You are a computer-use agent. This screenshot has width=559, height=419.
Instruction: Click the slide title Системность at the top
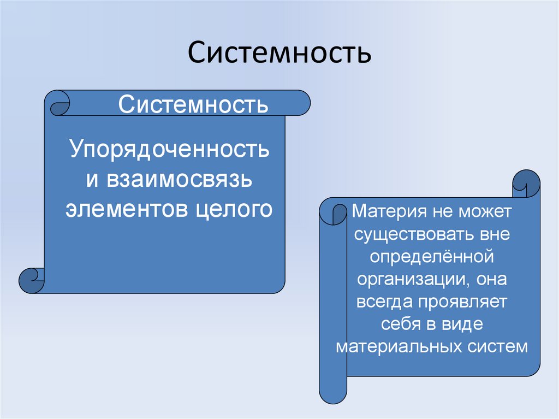279,54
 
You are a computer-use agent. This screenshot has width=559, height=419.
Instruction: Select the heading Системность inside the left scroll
194,103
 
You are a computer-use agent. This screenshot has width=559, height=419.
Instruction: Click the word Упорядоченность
169,149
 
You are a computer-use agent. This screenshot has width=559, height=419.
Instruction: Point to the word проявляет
464,302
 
